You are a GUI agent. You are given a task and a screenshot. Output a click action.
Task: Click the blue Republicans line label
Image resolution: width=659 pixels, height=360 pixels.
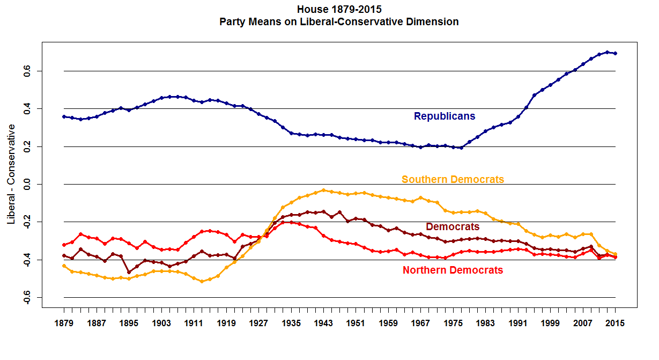coord(444,116)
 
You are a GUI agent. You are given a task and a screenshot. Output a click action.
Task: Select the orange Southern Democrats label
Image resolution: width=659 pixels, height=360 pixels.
coord(453,179)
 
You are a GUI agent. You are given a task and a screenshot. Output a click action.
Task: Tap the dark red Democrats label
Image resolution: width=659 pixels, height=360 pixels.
coord(453,227)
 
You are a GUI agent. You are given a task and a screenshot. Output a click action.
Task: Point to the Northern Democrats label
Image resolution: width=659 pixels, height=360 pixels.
coord(453,270)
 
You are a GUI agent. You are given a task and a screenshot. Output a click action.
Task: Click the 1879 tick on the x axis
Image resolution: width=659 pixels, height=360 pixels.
coord(64,324)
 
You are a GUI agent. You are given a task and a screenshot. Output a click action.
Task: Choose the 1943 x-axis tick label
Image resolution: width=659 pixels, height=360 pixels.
coord(323,324)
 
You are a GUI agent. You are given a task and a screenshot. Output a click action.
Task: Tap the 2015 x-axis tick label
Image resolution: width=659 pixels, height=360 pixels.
coord(615,324)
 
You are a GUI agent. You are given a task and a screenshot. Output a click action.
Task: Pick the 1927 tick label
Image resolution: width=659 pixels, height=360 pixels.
coord(258,324)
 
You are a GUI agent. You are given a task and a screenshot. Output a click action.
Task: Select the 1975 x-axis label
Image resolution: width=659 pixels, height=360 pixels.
coord(453,324)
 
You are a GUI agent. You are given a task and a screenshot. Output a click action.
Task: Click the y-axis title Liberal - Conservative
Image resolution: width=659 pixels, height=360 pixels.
coord(11,174)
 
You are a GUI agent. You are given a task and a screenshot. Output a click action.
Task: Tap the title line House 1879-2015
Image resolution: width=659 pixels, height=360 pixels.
coord(339,9)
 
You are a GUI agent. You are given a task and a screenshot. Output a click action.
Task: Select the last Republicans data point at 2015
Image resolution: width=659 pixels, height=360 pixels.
coord(615,53)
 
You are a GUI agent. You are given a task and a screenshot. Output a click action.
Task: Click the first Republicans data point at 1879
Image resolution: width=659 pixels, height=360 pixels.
coord(64,116)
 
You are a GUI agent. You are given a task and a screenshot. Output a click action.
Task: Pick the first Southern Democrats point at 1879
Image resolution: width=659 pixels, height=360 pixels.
coord(64,266)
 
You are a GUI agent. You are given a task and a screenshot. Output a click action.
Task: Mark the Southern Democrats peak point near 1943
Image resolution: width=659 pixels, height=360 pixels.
coord(323,190)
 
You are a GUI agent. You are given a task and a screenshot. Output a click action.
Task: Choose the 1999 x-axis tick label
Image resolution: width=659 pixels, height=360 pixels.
coord(550,324)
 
